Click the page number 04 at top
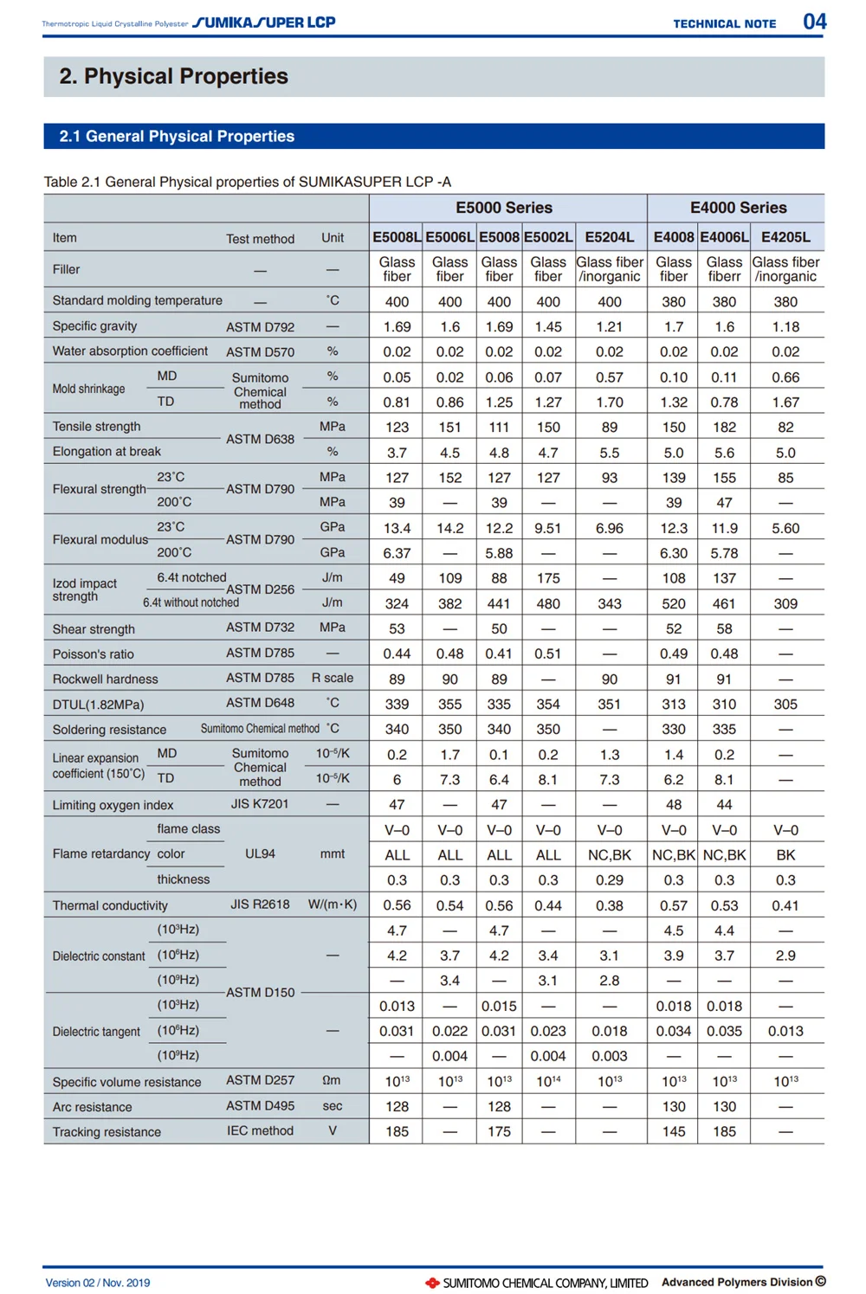coord(814,22)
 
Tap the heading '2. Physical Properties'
coord(173,76)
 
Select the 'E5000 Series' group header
coord(504,208)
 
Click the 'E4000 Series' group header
coord(738,208)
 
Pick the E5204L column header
coord(610,237)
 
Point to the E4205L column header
coord(785,237)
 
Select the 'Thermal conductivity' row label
coord(110,905)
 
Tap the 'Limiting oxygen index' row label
coord(113,805)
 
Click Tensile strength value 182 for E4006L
coord(724,428)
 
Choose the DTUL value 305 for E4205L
coord(785,705)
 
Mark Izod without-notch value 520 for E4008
coord(674,604)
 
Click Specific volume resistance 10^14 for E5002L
coord(548,1081)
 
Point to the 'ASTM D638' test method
coord(260,440)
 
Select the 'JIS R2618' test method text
coord(260,905)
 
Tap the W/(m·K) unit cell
coord(333,905)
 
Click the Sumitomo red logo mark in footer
coord(432,1283)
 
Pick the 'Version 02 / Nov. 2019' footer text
coord(98,1283)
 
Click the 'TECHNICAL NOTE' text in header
coord(725,24)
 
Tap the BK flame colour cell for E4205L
coord(785,855)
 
